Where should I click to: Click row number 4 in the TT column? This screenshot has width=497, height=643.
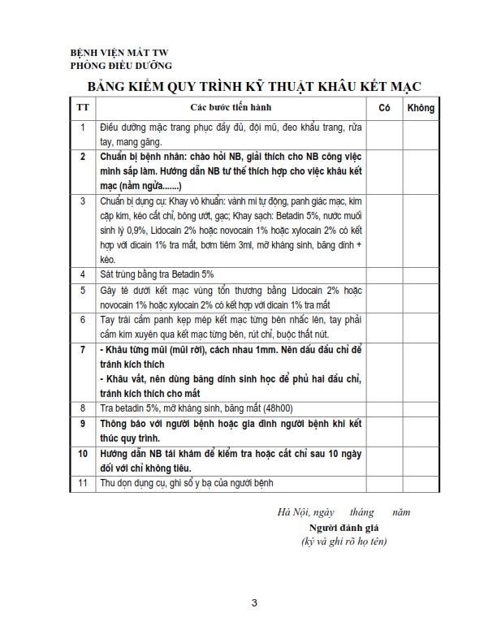click(x=82, y=274)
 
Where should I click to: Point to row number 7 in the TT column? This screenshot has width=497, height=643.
click(x=82, y=349)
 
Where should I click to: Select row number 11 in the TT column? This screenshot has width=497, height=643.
click(x=82, y=483)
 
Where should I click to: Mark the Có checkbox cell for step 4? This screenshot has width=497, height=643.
click(x=386, y=274)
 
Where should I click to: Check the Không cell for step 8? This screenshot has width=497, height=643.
click(x=421, y=408)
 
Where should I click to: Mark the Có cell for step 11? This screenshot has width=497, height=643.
click(x=386, y=483)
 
